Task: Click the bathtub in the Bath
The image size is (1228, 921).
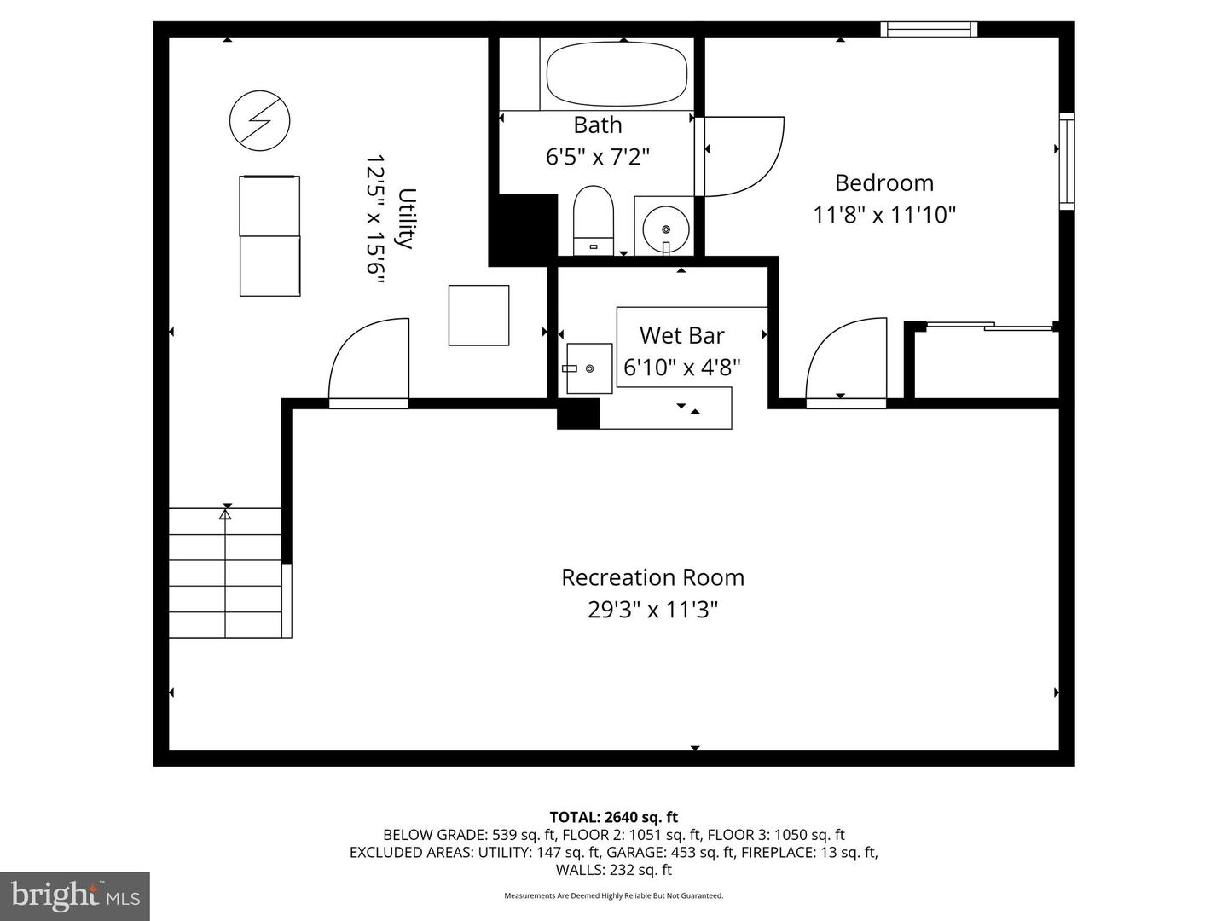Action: [x=616, y=74]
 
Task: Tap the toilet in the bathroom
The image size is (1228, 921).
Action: [x=593, y=220]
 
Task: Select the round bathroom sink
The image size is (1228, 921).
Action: [x=665, y=229]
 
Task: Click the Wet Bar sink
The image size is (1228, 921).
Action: [x=589, y=368]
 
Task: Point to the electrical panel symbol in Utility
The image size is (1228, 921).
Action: [x=260, y=120]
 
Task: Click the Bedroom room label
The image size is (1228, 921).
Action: [x=884, y=182]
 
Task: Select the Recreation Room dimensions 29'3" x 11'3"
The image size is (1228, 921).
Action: [x=652, y=609]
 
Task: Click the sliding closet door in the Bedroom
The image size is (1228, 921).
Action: [x=989, y=326]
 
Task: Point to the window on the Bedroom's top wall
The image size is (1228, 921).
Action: [x=929, y=29]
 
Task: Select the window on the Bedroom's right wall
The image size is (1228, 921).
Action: [x=1067, y=161]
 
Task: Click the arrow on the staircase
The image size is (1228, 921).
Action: [x=225, y=572]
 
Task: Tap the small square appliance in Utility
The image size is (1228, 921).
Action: [x=478, y=316]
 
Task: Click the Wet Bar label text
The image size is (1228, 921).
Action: [x=681, y=335]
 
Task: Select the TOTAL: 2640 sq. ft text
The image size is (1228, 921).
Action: [x=614, y=817]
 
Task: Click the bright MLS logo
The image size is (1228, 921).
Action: [x=75, y=895]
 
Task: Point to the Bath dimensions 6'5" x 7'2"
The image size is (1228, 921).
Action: [x=598, y=157]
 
